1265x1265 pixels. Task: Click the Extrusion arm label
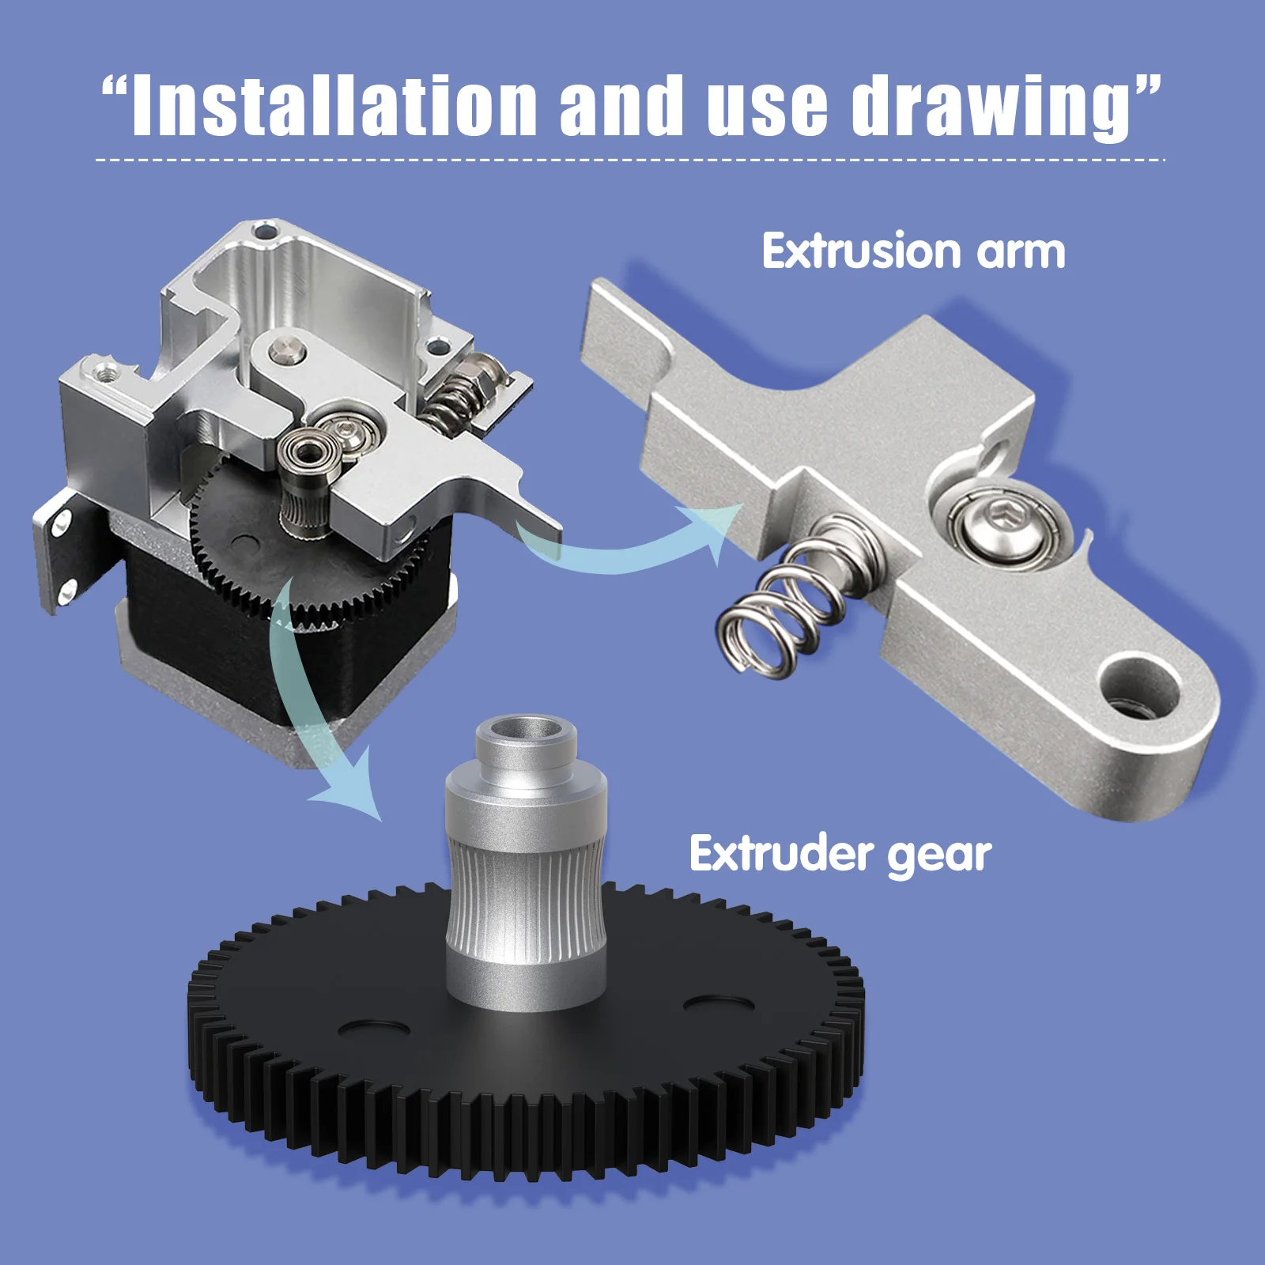click(913, 251)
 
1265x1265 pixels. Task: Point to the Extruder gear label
click(840, 854)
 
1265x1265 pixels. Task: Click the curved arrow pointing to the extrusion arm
click(632, 546)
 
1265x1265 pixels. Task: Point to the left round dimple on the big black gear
click(374, 1028)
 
